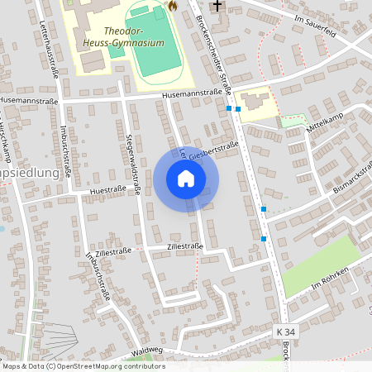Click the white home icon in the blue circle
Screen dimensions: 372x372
pos(186,179)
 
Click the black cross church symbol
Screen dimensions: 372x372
pos(217,6)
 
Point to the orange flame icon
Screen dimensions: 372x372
pos(173,6)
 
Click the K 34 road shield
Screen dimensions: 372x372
pos(285,331)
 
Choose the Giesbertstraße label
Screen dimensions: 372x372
pos(213,150)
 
